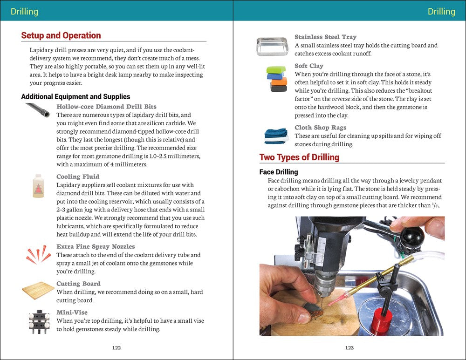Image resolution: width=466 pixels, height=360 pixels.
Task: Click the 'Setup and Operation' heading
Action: (61, 35)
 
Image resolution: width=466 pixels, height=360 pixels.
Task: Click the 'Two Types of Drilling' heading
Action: (299, 157)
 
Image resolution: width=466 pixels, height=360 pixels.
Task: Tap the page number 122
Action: (116, 347)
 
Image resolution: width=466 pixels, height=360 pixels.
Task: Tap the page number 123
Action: (349, 347)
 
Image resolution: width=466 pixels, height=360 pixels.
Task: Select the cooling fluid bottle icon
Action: (38, 186)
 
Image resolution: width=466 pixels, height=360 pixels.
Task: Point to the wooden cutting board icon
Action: (38, 291)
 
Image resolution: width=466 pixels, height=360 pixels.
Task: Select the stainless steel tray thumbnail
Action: (272, 47)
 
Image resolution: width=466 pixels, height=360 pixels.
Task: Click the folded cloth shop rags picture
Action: (276, 136)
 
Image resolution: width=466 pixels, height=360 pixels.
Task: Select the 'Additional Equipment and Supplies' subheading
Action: (75, 97)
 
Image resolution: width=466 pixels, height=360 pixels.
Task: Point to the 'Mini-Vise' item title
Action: (72, 312)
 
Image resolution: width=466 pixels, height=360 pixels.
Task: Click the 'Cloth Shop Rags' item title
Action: (320, 128)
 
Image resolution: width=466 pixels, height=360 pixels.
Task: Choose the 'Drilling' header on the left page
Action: (24, 11)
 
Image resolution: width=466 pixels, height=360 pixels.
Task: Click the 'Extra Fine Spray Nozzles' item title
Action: (96, 246)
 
